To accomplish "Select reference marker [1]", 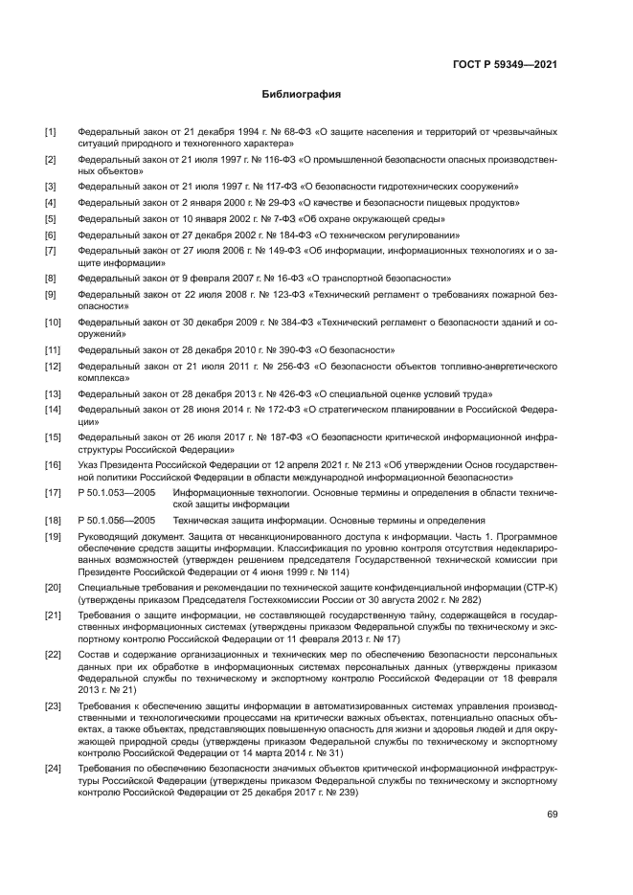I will pos(51,130).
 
